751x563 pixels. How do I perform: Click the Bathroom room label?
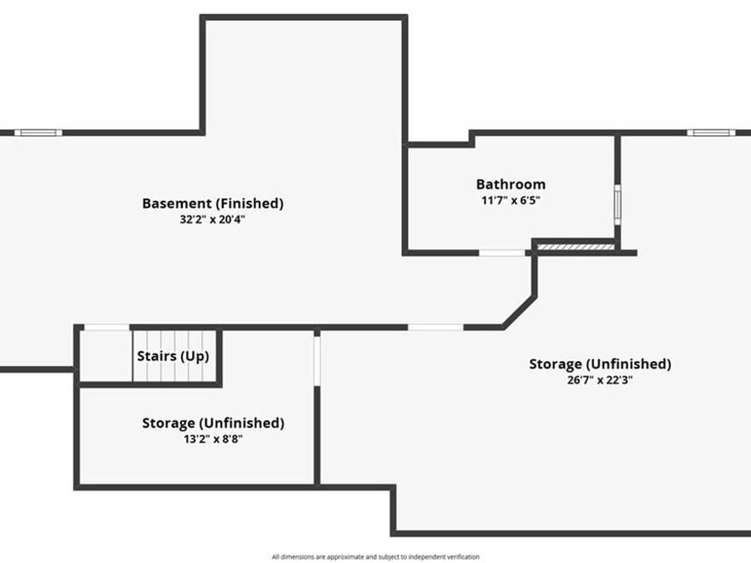(511, 184)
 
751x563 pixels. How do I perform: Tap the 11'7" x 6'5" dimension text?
(511, 200)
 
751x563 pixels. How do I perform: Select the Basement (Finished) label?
(213, 203)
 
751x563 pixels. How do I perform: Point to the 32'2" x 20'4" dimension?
(213, 219)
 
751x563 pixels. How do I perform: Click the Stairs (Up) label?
(173, 356)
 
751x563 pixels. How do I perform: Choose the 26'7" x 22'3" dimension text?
(600, 380)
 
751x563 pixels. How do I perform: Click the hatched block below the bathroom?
(574, 247)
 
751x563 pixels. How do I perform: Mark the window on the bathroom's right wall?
(617, 204)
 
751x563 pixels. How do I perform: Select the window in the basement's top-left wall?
(38, 133)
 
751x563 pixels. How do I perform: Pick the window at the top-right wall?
(711, 133)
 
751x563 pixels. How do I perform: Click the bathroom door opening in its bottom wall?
(502, 252)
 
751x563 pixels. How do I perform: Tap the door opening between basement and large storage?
(436, 327)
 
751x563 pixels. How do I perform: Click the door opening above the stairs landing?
(107, 327)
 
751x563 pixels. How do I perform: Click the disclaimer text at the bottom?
(375, 556)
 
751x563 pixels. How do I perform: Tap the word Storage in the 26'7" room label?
(556, 364)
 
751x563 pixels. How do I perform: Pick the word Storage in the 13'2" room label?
(169, 423)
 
